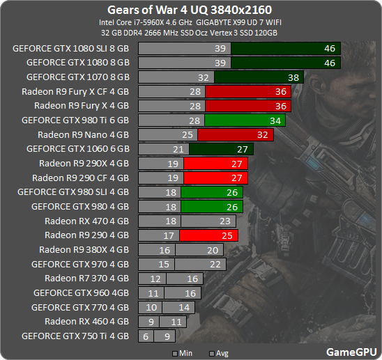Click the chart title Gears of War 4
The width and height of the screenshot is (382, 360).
coord(190,10)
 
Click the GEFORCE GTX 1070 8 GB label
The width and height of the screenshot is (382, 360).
coord(77,77)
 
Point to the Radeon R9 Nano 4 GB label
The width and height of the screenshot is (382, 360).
coord(83,134)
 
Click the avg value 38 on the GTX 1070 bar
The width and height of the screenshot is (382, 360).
coord(293,77)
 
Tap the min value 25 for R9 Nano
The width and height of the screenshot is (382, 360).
coord(186,134)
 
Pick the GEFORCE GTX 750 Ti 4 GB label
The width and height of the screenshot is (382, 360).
coord(75,336)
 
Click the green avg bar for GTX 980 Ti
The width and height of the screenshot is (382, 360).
coord(236,120)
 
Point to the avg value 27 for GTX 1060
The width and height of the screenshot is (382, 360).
coord(243,149)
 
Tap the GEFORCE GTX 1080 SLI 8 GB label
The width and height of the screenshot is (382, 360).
coord(70,49)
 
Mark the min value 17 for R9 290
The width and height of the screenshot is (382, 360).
coord(168,235)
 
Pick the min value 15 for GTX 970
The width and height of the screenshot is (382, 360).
coord(164,264)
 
